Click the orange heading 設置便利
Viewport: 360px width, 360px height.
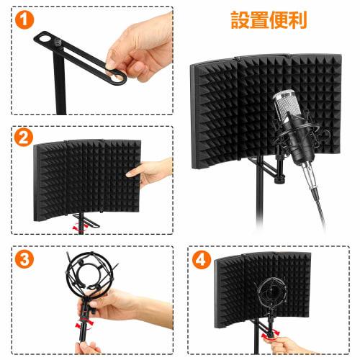coord(268,19)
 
